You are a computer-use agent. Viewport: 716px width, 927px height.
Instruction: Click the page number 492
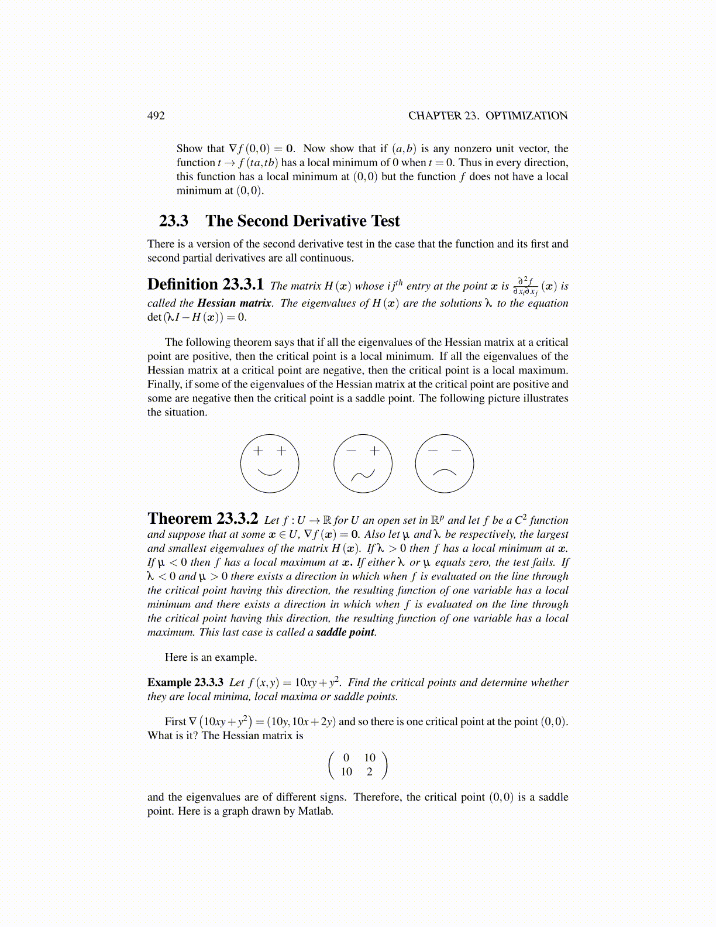click(156, 115)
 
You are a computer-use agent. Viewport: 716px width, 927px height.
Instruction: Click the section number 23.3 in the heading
click(174, 221)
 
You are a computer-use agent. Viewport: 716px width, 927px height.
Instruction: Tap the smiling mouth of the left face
click(270, 472)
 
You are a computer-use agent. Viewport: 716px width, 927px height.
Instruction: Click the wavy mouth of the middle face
click(363, 474)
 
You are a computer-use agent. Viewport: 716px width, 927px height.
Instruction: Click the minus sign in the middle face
click(351, 451)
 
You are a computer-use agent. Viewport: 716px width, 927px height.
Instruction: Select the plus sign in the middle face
click(374, 451)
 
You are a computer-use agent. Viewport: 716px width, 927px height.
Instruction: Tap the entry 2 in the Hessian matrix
click(370, 772)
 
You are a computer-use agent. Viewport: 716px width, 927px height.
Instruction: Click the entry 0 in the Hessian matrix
click(346, 758)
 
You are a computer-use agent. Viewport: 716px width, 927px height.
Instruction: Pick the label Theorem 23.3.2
click(203, 519)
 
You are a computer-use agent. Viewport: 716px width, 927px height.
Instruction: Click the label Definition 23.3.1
click(205, 284)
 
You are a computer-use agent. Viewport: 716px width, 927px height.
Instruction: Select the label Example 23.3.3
click(185, 682)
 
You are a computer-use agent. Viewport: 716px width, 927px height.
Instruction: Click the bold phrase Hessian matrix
click(234, 303)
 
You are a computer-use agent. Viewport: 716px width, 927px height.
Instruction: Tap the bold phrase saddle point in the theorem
click(345, 632)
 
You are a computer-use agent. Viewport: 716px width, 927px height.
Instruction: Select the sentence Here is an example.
click(211, 657)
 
